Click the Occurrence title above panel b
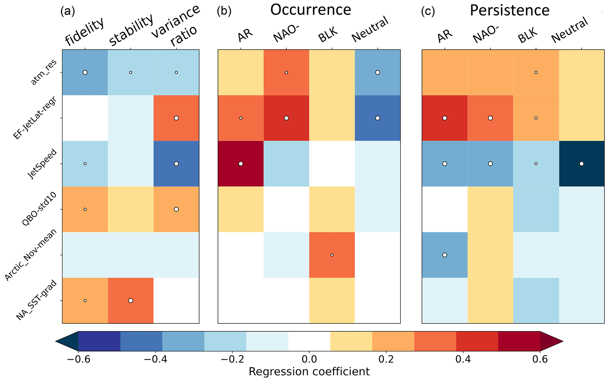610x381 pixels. click(310, 10)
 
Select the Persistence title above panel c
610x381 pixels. click(510, 11)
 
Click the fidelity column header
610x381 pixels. click(84, 32)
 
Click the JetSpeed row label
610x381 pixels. click(42, 164)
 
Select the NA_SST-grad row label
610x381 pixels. click(36, 300)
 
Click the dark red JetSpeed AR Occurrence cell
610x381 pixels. click(241, 164)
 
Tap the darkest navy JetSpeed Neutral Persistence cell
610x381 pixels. click(581, 164)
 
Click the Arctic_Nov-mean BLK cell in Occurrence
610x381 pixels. click(332, 255)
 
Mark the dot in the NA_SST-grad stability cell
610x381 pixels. click(131, 301)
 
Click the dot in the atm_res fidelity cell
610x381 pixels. click(85, 72)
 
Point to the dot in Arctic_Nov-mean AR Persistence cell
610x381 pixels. click(445, 255)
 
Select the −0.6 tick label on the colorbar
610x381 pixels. click(78, 359)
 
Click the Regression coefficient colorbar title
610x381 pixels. click(309, 372)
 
